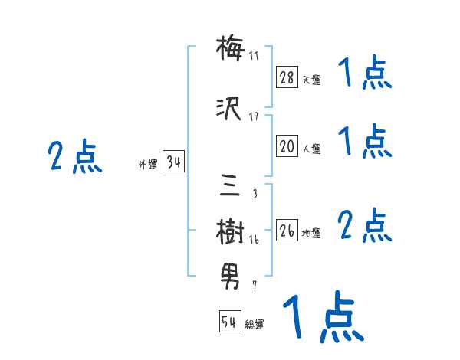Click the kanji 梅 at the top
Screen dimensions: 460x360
click(x=230, y=50)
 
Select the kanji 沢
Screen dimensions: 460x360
click(x=230, y=110)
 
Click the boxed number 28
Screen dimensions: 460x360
click(x=287, y=77)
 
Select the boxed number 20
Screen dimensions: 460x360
click(x=287, y=147)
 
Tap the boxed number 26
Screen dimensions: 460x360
click(x=287, y=231)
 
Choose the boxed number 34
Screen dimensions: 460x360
click(x=173, y=162)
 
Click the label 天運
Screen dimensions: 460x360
click(x=310, y=80)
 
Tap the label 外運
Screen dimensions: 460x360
click(x=148, y=165)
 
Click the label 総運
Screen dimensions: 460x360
click(x=255, y=325)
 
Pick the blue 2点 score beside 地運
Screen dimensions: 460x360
click(x=365, y=227)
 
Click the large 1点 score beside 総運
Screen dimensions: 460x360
click(x=322, y=316)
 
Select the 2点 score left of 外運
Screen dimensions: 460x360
click(x=74, y=158)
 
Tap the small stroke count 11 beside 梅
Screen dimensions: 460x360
click(x=254, y=55)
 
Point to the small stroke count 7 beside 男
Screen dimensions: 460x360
click(x=255, y=285)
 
